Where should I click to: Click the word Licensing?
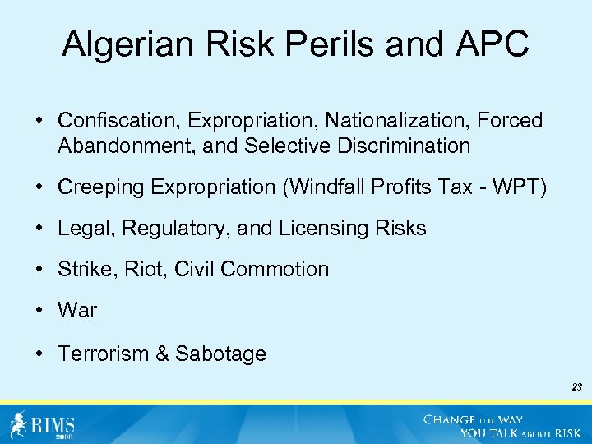322,228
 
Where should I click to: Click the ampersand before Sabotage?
162,354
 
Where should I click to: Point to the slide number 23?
576,386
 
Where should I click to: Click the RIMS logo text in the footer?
53,425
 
